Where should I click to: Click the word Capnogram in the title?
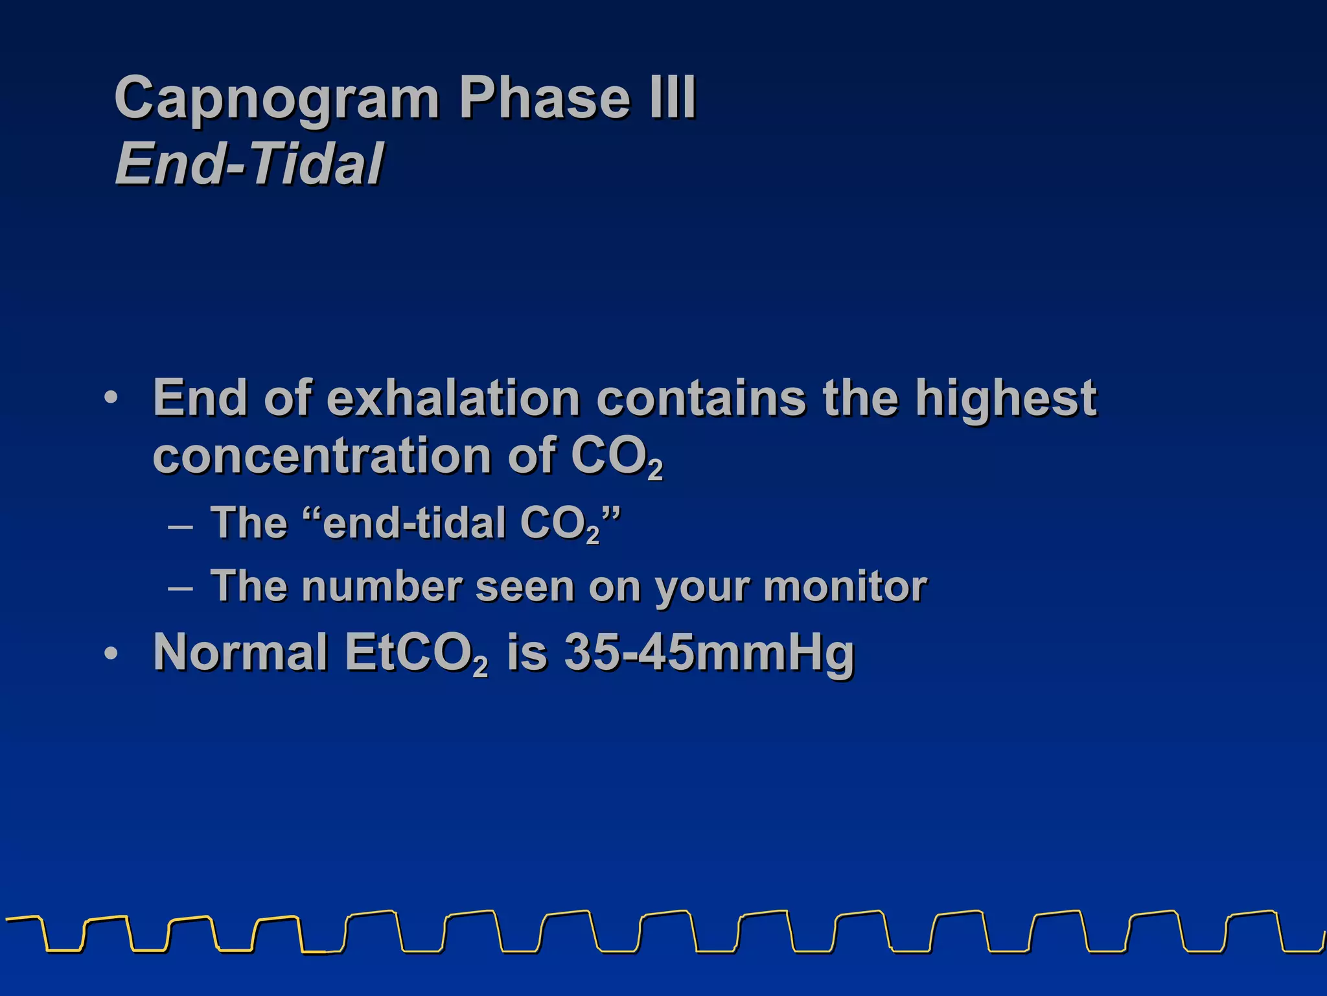(277, 99)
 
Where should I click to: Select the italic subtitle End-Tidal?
(249, 163)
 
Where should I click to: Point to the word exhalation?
(453, 397)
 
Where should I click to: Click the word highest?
(1006, 399)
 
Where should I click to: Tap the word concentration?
(322, 455)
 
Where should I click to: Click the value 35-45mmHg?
(709, 652)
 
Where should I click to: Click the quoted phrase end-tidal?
(415, 523)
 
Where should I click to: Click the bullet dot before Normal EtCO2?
(111, 654)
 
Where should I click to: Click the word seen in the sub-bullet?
(524, 586)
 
